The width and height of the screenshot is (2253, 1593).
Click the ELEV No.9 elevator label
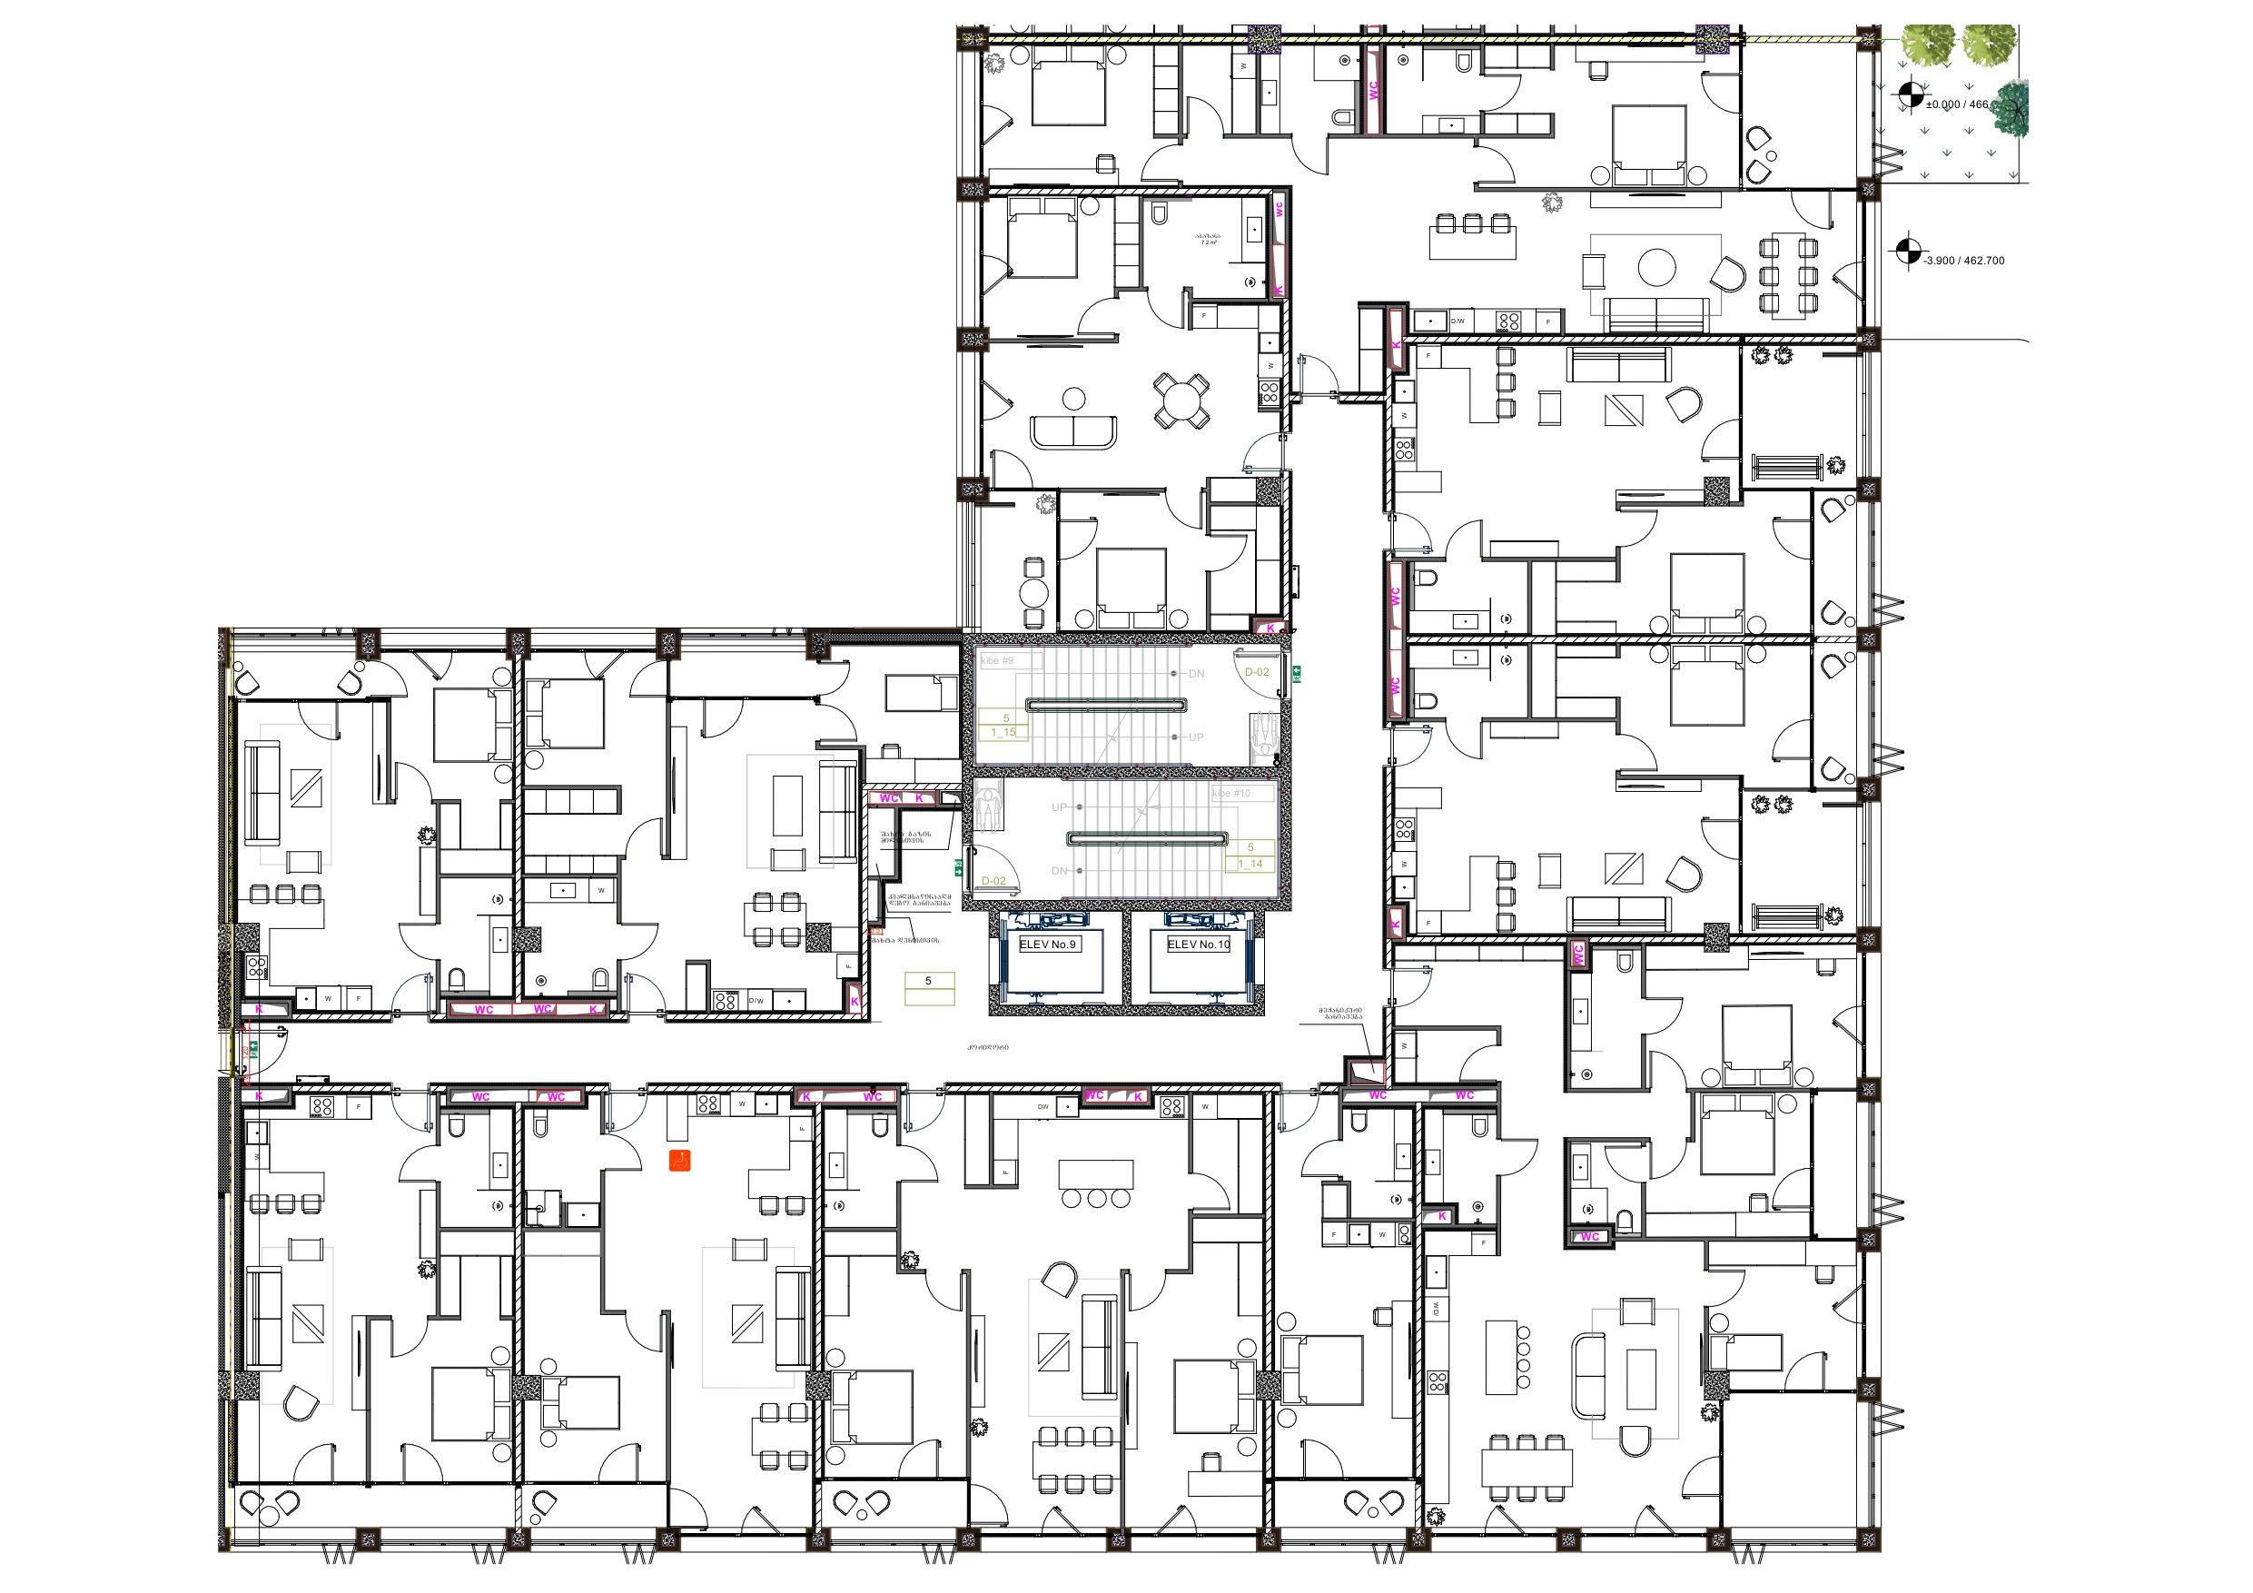tap(1048, 945)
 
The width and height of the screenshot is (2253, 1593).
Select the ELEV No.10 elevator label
tap(1198, 945)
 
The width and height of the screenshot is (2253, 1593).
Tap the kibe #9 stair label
tap(997, 660)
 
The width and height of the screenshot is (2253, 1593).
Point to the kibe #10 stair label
tap(1231, 793)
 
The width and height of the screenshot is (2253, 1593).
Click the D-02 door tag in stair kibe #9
tap(1256, 672)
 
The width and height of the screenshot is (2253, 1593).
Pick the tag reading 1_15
tap(1003, 732)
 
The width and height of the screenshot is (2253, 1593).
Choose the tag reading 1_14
tap(1250, 864)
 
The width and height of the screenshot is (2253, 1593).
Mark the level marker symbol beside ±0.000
tap(1909, 96)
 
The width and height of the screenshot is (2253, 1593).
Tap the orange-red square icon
tap(679, 1161)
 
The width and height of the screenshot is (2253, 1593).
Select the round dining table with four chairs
tap(1181, 400)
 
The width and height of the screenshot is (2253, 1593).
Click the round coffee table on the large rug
tap(1656, 268)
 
